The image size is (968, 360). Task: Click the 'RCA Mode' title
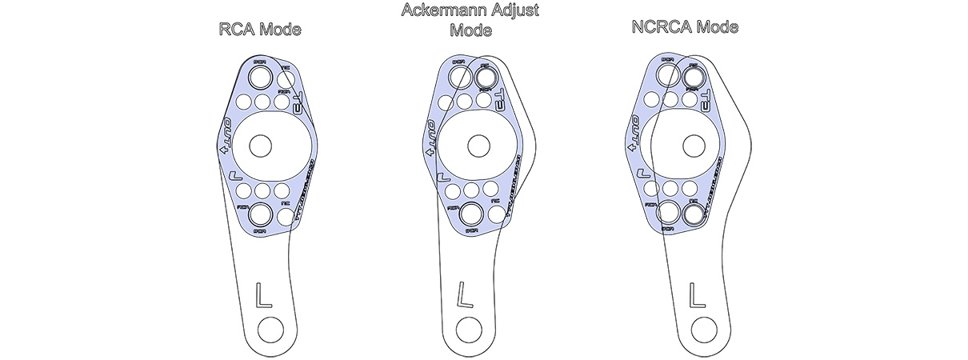tap(260, 30)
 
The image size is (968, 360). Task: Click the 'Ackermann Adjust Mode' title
tap(470, 21)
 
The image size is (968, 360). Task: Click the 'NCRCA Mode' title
tap(683, 27)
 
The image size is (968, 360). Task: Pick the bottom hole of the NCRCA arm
tap(704, 328)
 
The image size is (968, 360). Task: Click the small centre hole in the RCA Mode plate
tap(260, 146)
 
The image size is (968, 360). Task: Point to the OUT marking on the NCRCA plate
tap(631, 137)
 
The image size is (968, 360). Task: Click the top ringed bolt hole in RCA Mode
tap(260, 77)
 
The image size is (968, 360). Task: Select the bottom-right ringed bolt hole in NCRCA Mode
tap(694, 213)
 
